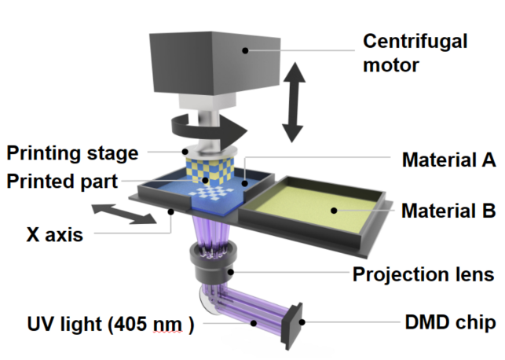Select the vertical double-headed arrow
pyautogui.click(x=295, y=101)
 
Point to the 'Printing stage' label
pyautogui.click(x=73, y=152)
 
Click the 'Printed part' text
pyautogui.click(x=60, y=182)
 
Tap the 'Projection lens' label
pyautogui.click(x=423, y=274)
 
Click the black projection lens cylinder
pyautogui.click(x=212, y=267)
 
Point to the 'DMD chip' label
pyautogui.click(x=449, y=323)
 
